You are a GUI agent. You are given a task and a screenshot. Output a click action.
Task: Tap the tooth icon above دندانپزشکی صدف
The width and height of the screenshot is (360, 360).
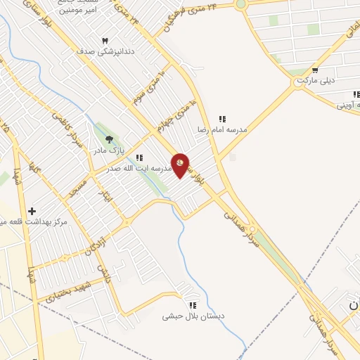(105, 41)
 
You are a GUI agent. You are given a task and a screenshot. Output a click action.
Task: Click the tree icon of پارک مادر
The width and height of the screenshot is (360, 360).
(108, 140)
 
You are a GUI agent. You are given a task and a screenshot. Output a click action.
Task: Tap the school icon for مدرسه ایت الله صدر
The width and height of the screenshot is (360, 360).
(139, 158)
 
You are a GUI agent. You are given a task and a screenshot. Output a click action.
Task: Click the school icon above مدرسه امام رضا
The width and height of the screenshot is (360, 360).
(222, 120)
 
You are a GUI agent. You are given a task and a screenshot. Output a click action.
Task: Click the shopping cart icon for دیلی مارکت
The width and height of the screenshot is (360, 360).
(316, 70)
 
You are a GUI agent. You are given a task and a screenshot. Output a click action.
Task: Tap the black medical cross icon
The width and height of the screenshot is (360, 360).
(32, 211)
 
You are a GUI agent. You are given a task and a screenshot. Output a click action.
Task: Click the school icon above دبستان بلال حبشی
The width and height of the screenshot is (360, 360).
(193, 305)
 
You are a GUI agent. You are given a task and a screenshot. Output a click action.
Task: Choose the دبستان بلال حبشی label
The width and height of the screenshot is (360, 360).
(193, 316)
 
